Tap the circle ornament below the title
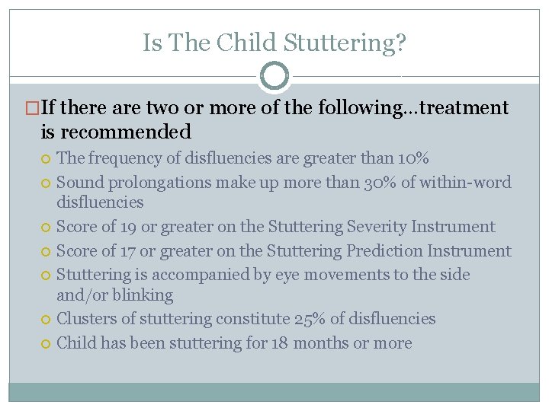[x=274, y=76]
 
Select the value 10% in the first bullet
[x=413, y=158]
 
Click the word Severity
[x=377, y=227]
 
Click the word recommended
[x=127, y=132]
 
